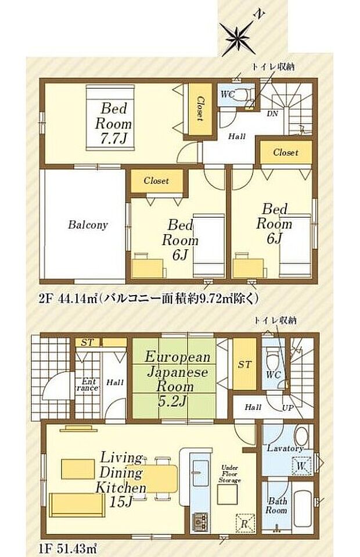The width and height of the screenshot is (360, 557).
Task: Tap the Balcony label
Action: (87, 225)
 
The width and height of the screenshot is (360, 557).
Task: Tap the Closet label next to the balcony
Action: (156, 181)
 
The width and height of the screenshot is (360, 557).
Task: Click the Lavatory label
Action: (285, 448)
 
